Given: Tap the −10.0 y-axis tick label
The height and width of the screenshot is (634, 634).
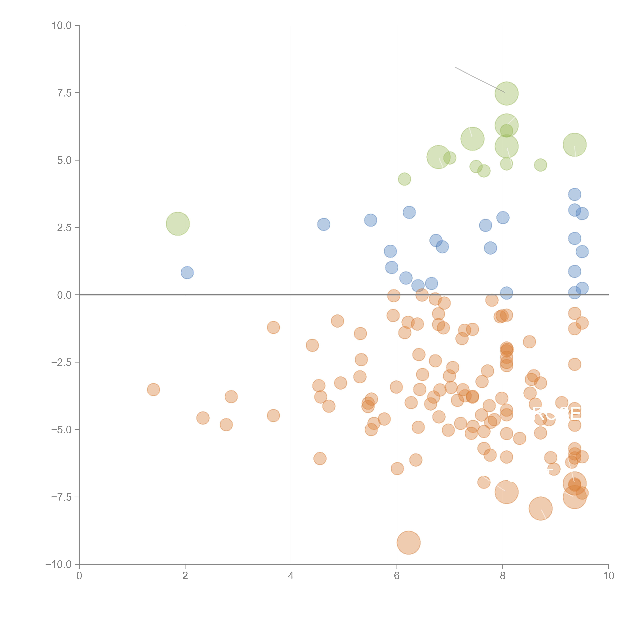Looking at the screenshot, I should pos(58,564).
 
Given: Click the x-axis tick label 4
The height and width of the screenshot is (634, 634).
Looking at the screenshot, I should pos(291,576).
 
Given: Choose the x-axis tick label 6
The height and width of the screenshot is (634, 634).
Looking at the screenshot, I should pos(397,576).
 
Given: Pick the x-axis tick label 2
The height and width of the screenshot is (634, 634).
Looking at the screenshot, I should pos(185,576).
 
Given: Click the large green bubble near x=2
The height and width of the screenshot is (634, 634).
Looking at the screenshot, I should pos(178,224).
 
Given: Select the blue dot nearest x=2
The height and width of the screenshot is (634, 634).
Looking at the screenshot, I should pos(187,272).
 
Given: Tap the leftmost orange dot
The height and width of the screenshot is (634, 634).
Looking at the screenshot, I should pos(153,390).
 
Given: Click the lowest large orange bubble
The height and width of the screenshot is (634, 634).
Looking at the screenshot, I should pos(408,542).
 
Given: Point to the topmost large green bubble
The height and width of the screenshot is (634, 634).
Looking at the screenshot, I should pos(506,94).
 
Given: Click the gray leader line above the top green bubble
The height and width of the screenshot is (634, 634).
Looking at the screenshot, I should pos(479,80).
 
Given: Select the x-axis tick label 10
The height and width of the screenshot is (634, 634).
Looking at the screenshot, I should pos(608,576).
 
